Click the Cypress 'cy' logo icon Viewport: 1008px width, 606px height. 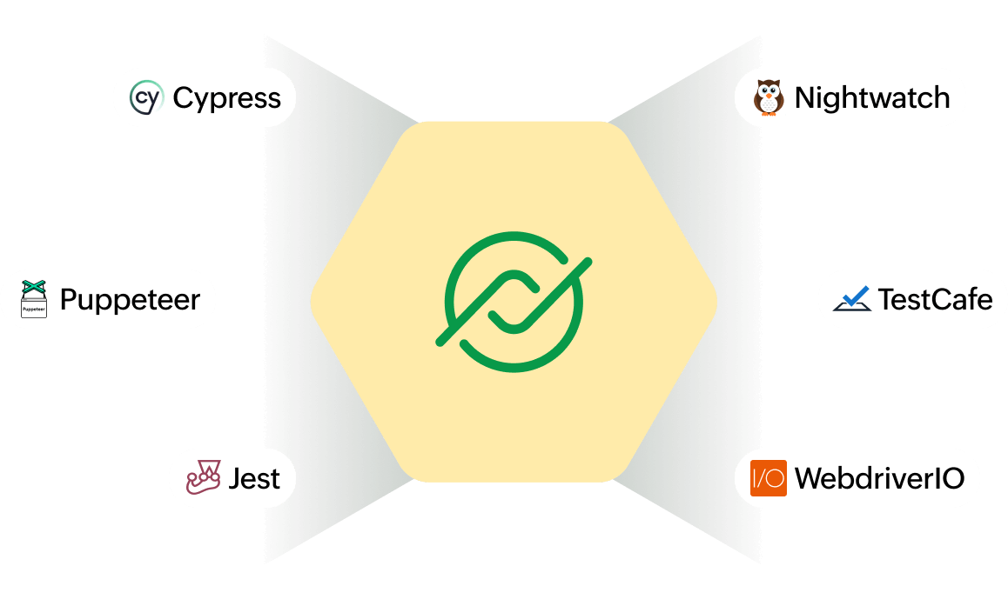pos(145,97)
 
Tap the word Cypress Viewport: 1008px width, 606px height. pos(226,98)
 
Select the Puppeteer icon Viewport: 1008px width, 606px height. pos(34,299)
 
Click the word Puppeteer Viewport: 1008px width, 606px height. pos(130,300)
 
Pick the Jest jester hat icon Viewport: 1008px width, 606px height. pos(203,477)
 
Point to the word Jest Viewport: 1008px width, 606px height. pos(254,478)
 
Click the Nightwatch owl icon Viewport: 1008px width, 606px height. pos(768,97)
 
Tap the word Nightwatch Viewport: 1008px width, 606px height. pos(871,98)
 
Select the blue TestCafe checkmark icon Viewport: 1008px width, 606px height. pos(851,299)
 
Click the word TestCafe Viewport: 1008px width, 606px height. pos(935,300)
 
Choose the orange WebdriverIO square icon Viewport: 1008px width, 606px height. pos(769,477)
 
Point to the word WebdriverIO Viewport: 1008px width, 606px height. pos(879,478)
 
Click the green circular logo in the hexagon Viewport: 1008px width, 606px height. pos(514,301)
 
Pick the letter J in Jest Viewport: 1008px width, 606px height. pos(234,478)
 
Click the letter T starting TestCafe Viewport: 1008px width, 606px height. pos(886,300)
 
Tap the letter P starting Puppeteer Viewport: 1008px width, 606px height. pos(68,300)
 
